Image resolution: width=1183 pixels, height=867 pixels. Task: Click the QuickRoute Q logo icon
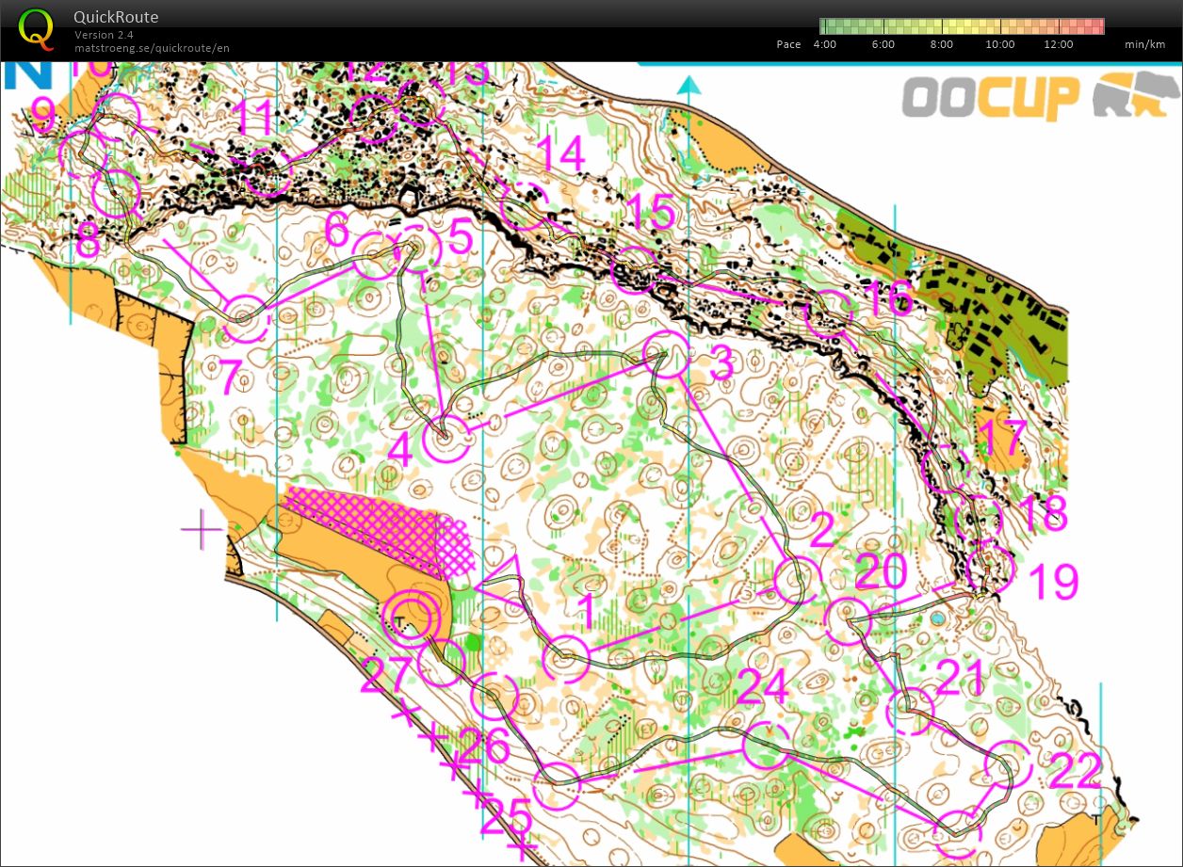click(x=37, y=28)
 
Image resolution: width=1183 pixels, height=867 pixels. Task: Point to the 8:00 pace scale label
click(x=941, y=44)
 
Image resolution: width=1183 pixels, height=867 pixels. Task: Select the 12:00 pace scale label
click(x=1059, y=44)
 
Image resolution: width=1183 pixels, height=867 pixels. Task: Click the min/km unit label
click(x=1144, y=44)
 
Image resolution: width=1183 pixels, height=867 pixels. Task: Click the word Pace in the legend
click(x=789, y=44)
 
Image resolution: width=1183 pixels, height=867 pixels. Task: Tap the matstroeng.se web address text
click(x=152, y=47)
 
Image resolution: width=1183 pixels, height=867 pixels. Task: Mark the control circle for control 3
click(x=667, y=355)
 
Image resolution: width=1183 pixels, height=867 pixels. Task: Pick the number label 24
click(x=762, y=688)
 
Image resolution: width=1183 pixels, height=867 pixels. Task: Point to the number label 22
click(x=1075, y=774)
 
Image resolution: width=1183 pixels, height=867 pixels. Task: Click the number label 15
click(x=651, y=215)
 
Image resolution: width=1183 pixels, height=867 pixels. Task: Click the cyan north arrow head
click(x=689, y=87)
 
